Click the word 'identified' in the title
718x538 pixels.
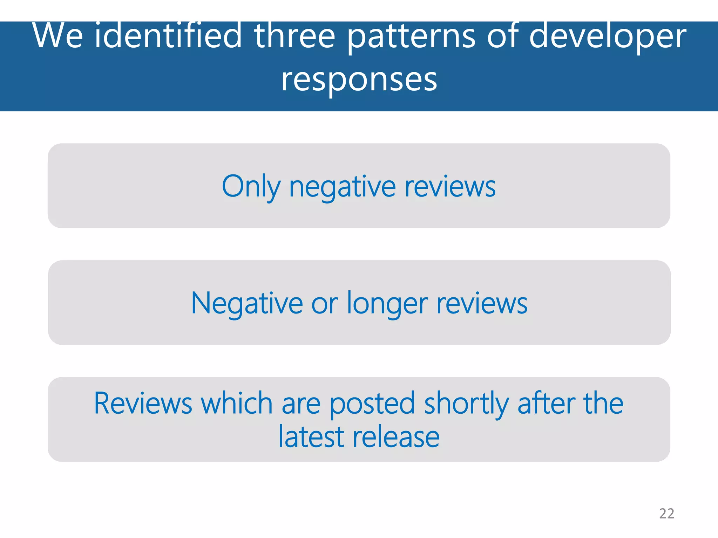point(168,36)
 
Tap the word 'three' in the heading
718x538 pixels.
point(294,36)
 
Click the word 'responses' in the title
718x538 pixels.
point(359,80)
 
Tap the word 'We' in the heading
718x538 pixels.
point(58,36)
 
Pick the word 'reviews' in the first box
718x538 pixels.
point(450,186)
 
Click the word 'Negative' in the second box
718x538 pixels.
point(247,303)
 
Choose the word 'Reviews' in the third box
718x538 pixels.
point(143,403)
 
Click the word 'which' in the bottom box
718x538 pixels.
point(237,403)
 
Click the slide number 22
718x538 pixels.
point(666,513)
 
